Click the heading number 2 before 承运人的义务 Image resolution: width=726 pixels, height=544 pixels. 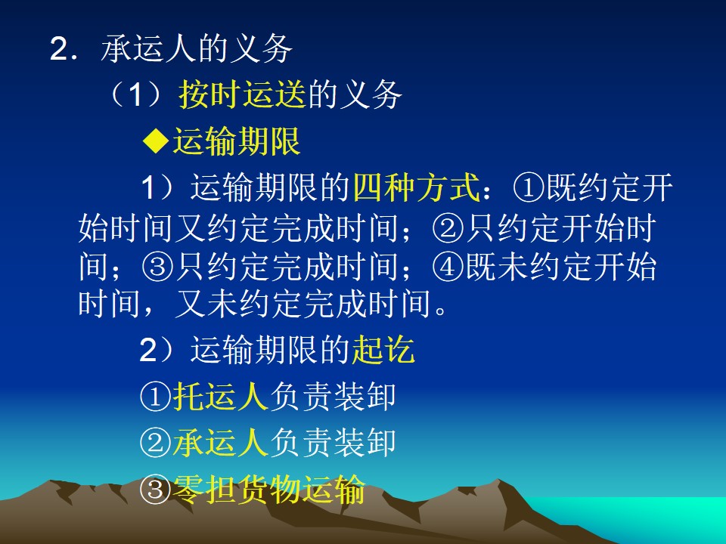(x=60, y=48)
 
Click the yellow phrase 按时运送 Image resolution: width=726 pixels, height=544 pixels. (x=243, y=94)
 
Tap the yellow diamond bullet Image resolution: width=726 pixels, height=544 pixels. (x=156, y=141)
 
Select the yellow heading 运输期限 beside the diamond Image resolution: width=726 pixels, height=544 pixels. (x=237, y=141)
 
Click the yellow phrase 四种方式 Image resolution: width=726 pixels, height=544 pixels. (x=417, y=187)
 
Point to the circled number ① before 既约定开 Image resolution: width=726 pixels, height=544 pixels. (x=529, y=188)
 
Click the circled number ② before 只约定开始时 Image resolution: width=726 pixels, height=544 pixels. (x=448, y=228)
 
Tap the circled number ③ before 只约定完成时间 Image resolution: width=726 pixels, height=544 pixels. (x=157, y=267)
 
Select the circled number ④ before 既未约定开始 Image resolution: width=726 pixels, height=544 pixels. (x=448, y=267)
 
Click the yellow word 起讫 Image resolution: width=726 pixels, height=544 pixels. (x=383, y=350)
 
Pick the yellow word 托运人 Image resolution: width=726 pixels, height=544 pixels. (x=220, y=396)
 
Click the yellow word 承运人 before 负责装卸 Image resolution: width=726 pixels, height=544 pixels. (x=220, y=442)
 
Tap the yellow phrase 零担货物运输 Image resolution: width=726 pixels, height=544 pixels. (x=268, y=489)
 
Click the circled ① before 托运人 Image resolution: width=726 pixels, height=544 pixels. (x=156, y=397)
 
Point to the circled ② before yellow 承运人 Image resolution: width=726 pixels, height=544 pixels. (x=156, y=443)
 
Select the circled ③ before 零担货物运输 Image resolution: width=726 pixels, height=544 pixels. (x=156, y=490)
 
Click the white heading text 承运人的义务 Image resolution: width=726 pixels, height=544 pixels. (x=197, y=48)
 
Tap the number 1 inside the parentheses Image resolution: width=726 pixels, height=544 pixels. (x=135, y=95)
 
